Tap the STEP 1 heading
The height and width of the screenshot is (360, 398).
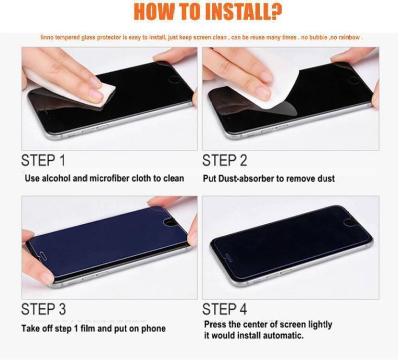click(43, 160)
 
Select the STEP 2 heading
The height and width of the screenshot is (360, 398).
click(225, 160)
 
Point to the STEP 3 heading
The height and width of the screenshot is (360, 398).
click(44, 309)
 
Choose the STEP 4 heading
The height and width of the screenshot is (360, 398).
click(225, 309)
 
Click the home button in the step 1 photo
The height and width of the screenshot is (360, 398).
click(174, 79)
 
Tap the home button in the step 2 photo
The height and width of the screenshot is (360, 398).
click(354, 80)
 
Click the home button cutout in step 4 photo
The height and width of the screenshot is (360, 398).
click(349, 222)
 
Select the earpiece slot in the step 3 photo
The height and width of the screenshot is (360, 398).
click(44, 255)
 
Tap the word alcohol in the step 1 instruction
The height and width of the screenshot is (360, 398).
click(56, 178)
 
